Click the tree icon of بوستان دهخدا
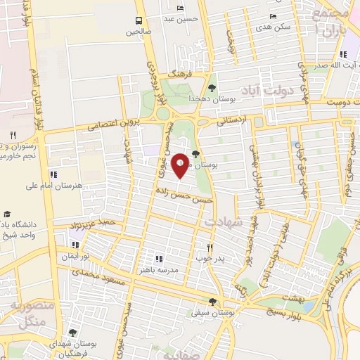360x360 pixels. [212, 88]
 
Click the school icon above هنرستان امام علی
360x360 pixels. [53, 174]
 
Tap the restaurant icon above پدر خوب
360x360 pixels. [210, 247]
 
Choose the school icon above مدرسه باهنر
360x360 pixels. [158, 258]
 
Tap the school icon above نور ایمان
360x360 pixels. [75, 245]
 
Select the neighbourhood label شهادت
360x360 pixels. [223, 221]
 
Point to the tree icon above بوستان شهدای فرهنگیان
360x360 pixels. [72, 333]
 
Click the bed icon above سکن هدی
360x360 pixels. [273, 16]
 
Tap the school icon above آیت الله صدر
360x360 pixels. [342, 54]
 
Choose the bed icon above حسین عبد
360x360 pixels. [181, 8]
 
